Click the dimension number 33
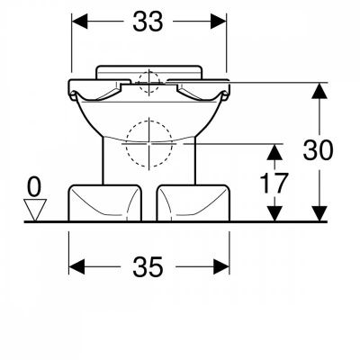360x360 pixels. coord(148,22)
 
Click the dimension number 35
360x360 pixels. coord(148,266)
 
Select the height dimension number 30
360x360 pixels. coord(318,150)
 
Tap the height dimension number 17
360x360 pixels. coord(274,184)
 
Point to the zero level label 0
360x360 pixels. coord(34,187)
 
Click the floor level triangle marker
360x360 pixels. coord(35,210)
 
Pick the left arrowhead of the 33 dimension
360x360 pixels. coord(79,22)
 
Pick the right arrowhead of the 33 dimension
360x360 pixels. coord(219,22)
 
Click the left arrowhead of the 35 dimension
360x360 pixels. coord(76,266)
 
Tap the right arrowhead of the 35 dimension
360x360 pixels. coord(221,266)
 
